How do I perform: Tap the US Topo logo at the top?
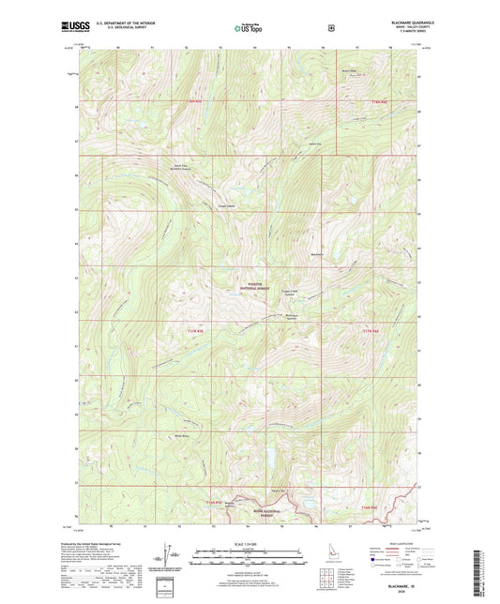point(249,29)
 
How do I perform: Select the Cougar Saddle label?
point(226,206)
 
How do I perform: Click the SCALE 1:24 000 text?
point(250,545)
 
